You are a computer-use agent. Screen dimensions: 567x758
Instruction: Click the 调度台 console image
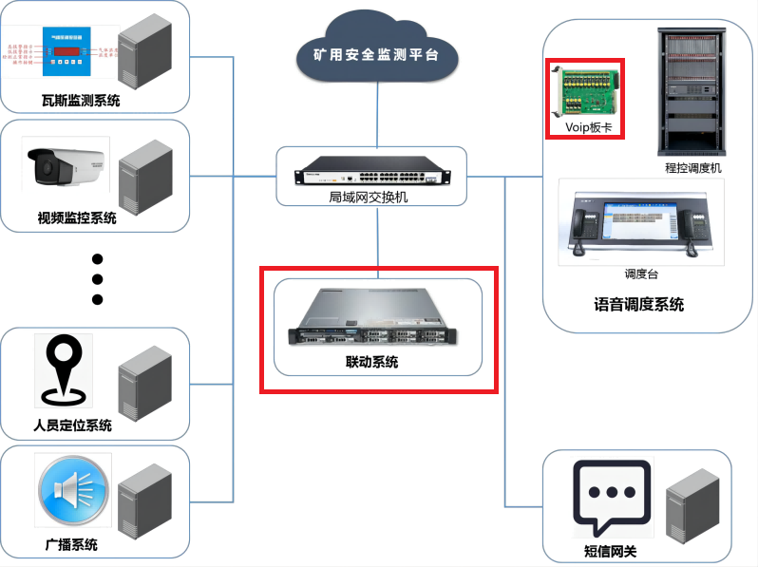pyautogui.click(x=640, y=224)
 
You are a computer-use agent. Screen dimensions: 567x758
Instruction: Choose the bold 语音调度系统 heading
pyautogui.click(x=638, y=305)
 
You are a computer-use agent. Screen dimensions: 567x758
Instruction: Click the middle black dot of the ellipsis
pyautogui.click(x=97, y=279)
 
